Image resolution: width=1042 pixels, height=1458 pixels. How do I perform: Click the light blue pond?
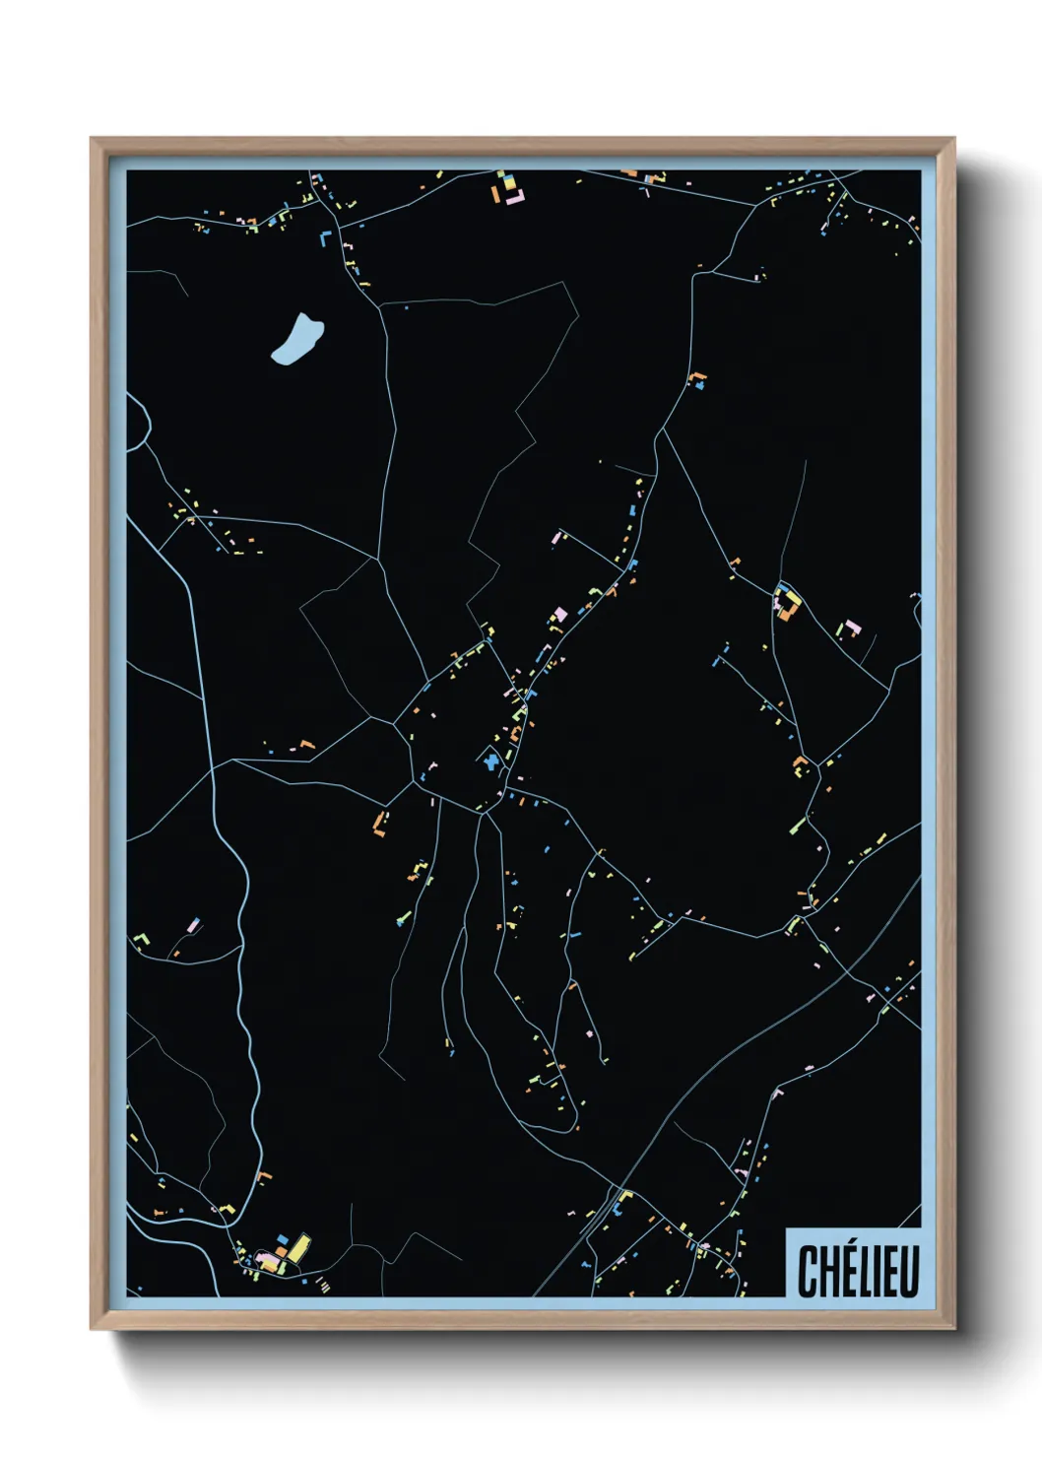(x=295, y=340)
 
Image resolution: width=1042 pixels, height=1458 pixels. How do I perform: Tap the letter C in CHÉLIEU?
(x=807, y=1271)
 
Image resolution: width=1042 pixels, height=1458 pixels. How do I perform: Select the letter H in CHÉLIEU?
(x=826, y=1271)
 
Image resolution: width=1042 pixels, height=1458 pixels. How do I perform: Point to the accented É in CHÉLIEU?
(x=846, y=1271)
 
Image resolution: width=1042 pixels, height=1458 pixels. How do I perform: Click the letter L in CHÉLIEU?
(x=863, y=1271)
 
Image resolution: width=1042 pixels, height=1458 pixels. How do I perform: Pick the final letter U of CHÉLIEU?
(x=909, y=1271)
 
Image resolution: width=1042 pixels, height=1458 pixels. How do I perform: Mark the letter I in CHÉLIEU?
(x=876, y=1271)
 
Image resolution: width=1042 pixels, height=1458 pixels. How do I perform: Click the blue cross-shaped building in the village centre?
(x=489, y=760)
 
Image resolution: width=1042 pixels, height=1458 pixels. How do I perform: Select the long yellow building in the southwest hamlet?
(x=298, y=1246)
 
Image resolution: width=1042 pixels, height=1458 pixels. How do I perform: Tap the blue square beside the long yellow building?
(x=283, y=1239)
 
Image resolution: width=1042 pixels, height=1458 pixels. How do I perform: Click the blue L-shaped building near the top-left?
(x=325, y=237)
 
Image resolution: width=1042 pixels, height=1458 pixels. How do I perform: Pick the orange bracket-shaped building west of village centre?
(x=378, y=823)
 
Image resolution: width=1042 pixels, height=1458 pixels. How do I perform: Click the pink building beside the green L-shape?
(x=194, y=925)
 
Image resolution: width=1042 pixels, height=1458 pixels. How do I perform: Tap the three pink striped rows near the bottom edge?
(x=323, y=1284)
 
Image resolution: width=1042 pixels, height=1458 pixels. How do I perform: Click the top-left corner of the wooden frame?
(x=92, y=139)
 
